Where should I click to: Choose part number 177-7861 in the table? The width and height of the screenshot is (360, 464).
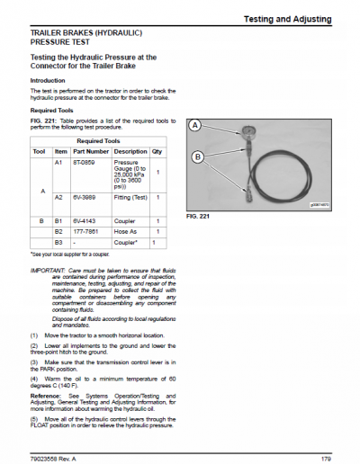coord(85,231)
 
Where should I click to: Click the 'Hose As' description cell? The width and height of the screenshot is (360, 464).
coord(124,231)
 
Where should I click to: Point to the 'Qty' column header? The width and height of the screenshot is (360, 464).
coord(157,151)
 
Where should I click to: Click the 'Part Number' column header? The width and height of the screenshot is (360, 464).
coord(91,151)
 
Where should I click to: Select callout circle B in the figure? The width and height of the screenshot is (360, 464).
coord(200,156)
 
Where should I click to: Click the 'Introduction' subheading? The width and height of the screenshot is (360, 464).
coord(48,80)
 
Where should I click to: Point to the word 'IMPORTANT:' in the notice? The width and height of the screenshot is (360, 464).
coord(47,270)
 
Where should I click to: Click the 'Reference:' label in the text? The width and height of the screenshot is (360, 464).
coord(46,396)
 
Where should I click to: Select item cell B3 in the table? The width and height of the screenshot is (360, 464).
coord(60,243)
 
